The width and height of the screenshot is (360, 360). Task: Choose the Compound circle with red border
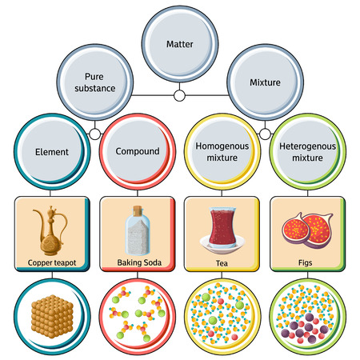(x=137, y=150)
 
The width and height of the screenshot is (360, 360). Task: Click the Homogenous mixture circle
(x=222, y=150)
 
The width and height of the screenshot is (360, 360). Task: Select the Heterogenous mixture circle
(x=307, y=150)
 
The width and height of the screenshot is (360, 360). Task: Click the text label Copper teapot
(x=53, y=262)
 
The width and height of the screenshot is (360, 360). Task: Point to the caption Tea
(x=222, y=262)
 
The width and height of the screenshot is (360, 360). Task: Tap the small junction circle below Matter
(x=180, y=96)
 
